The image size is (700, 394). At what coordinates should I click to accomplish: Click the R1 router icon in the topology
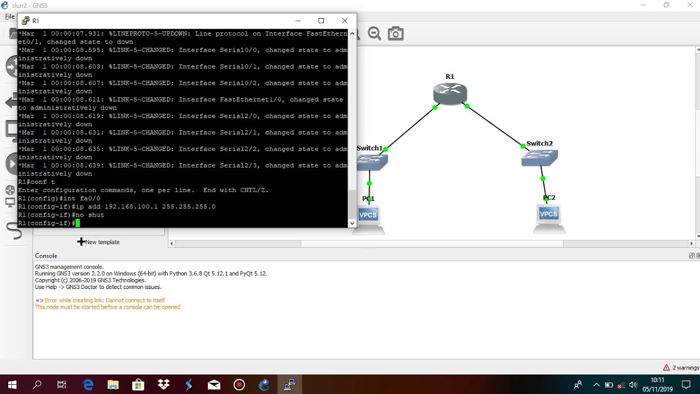click(x=450, y=94)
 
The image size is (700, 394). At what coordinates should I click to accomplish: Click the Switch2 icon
click(x=539, y=158)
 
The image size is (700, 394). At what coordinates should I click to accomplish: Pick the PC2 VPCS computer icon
click(x=549, y=215)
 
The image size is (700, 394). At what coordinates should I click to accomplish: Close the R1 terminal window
click(x=345, y=21)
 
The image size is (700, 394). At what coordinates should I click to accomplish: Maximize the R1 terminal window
click(x=321, y=21)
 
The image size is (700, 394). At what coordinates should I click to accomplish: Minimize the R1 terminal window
click(x=298, y=21)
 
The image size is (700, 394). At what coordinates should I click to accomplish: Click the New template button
click(x=98, y=242)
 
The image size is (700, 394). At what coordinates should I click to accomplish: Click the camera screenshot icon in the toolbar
click(x=395, y=34)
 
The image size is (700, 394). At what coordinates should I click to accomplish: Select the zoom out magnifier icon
click(x=374, y=34)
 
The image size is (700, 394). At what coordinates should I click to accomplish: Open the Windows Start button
click(x=12, y=385)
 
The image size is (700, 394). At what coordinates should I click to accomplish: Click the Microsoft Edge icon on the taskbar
click(x=88, y=385)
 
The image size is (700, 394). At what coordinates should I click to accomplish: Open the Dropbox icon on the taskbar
click(x=164, y=385)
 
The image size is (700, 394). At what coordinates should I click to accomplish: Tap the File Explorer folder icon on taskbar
click(x=113, y=385)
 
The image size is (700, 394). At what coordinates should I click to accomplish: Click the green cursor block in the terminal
click(x=78, y=223)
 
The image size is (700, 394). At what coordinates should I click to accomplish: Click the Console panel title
click(x=46, y=256)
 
